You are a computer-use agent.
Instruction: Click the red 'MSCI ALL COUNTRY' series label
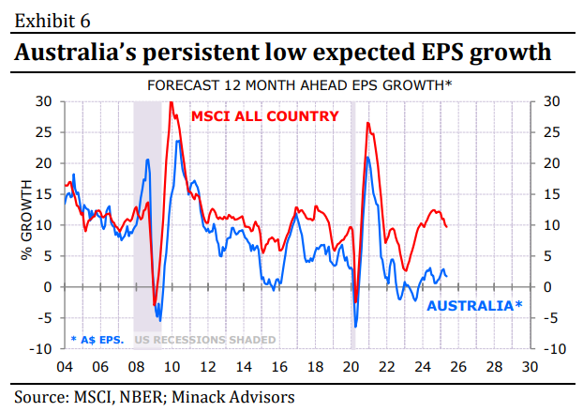click(265, 117)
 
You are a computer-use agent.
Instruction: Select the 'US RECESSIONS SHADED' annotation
click(206, 339)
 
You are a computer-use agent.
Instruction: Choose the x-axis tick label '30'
click(531, 366)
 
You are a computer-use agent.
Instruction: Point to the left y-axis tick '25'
click(43, 132)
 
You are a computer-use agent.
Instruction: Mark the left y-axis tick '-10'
click(40, 349)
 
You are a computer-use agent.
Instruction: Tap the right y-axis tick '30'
click(552, 101)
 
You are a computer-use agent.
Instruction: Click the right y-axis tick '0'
click(548, 287)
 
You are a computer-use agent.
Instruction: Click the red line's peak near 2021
click(367, 123)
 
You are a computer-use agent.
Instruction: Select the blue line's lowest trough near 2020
click(355, 327)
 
